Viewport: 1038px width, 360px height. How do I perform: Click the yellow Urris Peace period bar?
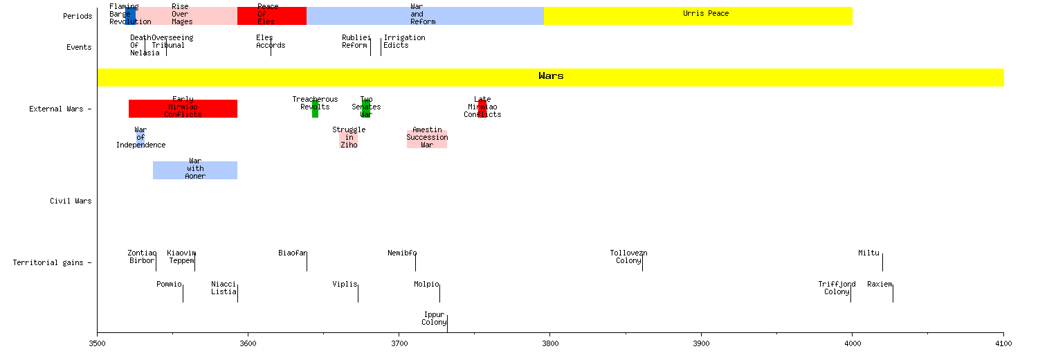coord(698,16)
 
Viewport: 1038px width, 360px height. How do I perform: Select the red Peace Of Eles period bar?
coord(271,16)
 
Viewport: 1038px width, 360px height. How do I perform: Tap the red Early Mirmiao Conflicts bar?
coord(183,109)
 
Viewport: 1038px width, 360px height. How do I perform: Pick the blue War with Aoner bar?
coord(195,170)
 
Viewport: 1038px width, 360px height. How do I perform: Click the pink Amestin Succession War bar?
coord(427,138)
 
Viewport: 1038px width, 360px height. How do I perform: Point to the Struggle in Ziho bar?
coord(349,138)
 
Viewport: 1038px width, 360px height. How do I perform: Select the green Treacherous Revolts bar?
coord(315,109)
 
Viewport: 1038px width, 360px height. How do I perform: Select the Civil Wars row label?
coord(71,201)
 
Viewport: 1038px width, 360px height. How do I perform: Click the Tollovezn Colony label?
coord(628,257)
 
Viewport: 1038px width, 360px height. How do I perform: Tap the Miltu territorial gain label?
coord(868,253)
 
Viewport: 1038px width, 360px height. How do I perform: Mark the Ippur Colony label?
coord(434,318)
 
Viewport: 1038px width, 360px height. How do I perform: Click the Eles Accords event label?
coord(270,42)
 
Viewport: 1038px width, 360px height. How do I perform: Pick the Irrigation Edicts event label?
coord(404,42)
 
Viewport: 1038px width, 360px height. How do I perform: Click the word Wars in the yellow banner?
coord(551,76)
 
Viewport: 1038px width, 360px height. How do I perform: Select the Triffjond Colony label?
coord(837,288)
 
